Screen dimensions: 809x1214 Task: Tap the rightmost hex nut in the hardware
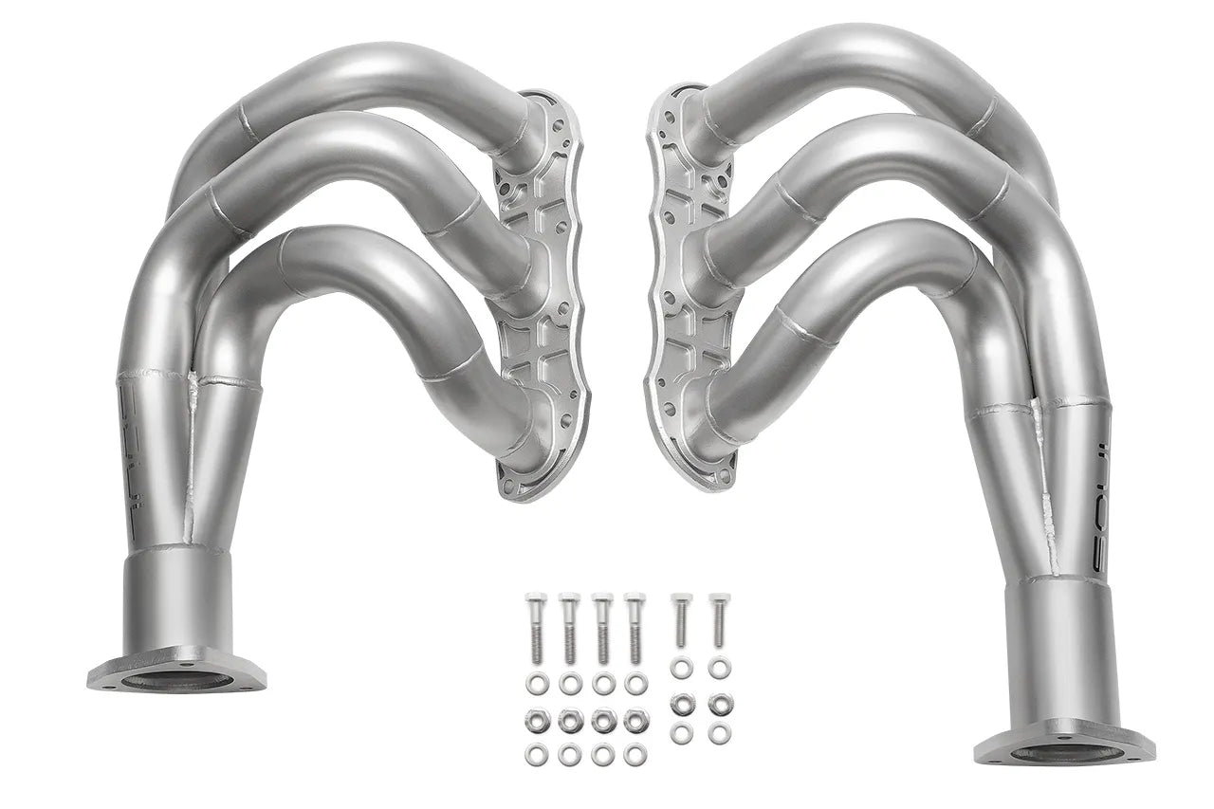point(720,703)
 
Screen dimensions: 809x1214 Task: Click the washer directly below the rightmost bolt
point(720,670)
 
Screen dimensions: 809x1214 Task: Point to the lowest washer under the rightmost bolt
point(720,734)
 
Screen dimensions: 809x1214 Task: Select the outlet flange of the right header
point(1063,749)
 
